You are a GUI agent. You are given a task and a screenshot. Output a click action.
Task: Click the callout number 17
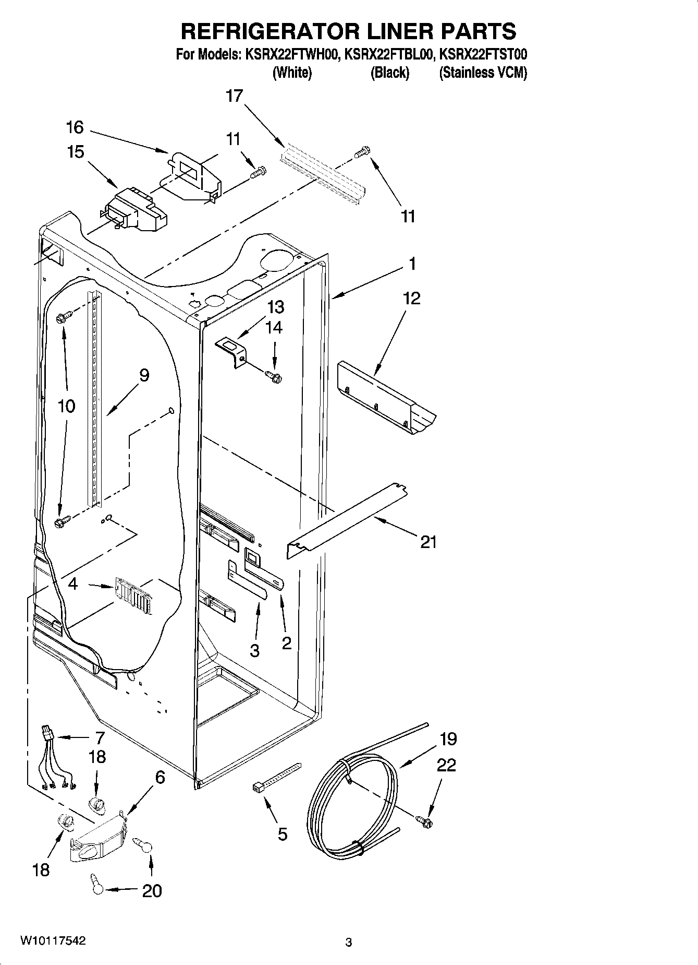click(x=235, y=96)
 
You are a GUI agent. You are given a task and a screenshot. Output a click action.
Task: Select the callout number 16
click(x=75, y=127)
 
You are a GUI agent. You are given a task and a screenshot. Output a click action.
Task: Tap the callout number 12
click(x=411, y=299)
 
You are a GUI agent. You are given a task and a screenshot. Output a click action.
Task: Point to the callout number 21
click(x=428, y=543)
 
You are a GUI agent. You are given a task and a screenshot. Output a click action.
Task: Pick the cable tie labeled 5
click(x=276, y=778)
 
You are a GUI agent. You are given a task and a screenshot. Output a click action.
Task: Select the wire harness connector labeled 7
click(x=48, y=734)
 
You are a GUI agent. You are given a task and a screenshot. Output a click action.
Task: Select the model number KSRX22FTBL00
click(x=389, y=54)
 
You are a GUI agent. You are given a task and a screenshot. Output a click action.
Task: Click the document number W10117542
click(x=53, y=940)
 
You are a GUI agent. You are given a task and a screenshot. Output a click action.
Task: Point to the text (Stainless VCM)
click(x=483, y=73)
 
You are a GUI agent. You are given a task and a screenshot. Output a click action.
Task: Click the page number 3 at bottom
click(x=348, y=942)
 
